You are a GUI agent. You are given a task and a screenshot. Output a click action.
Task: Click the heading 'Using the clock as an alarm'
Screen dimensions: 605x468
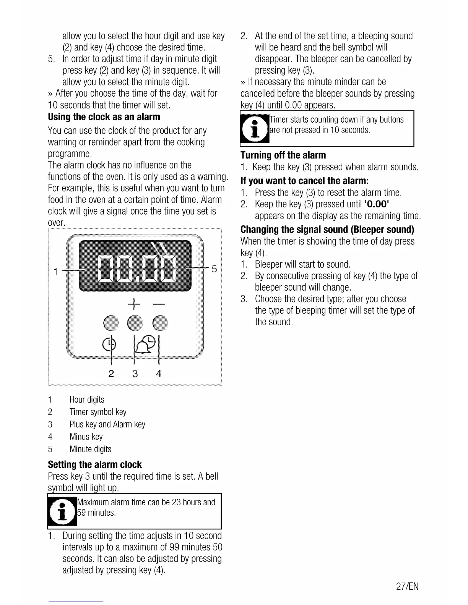(104, 117)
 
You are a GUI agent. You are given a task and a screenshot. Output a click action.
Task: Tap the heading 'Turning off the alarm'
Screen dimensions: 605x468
(283, 155)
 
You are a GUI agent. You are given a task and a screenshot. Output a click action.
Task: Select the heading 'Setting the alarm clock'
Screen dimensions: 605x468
(95, 464)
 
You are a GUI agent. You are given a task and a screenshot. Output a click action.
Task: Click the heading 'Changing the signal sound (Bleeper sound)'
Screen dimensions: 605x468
(327, 229)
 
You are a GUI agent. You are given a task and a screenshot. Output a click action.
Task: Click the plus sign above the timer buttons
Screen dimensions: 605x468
(133, 304)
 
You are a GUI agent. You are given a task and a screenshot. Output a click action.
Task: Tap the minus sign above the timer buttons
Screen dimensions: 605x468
(158, 304)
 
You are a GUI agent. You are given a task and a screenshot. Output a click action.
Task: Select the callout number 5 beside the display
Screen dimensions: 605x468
(214, 269)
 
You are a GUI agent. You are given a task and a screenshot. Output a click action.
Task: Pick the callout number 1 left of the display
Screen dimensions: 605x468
(56, 271)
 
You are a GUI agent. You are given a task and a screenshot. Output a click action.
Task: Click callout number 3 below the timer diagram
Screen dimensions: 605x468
(135, 373)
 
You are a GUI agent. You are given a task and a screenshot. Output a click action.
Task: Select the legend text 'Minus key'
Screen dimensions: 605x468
(86, 437)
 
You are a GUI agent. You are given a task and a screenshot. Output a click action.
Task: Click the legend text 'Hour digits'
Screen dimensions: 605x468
(87, 400)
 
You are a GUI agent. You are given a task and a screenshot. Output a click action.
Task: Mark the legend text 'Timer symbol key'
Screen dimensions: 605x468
(98, 412)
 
